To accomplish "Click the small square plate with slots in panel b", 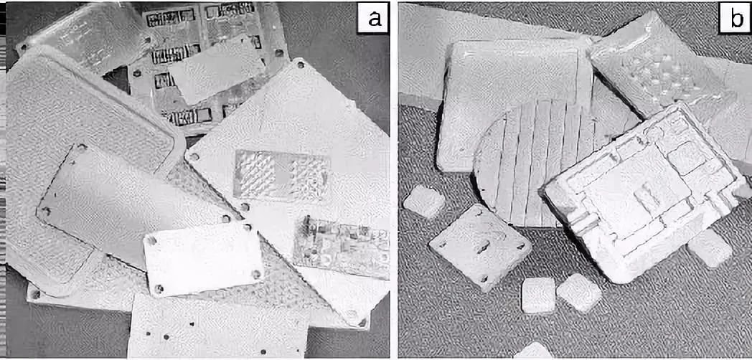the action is (x=480, y=247).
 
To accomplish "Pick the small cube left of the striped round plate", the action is (x=424, y=202).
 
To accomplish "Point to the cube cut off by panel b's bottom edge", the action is (x=534, y=351).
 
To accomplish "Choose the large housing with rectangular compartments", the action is (x=645, y=191).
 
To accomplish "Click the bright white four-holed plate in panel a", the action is (x=203, y=258).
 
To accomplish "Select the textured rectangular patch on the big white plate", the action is (x=281, y=175).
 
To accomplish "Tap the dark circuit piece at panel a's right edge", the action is (x=342, y=247).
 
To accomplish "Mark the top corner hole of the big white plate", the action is (x=301, y=63).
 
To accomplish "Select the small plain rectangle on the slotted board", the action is (x=217, y=70).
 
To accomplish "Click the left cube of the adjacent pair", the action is (x=538, y=295).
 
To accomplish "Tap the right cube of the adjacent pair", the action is (x=579, y=292).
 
